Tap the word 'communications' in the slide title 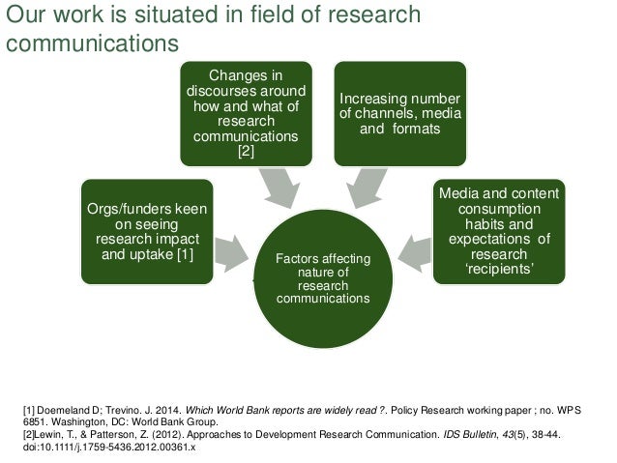(92, 43)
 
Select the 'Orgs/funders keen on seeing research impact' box (147, 231)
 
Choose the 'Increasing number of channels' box (399, 112)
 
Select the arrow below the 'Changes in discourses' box (279, 188)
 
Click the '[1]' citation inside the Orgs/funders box (181, 254)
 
